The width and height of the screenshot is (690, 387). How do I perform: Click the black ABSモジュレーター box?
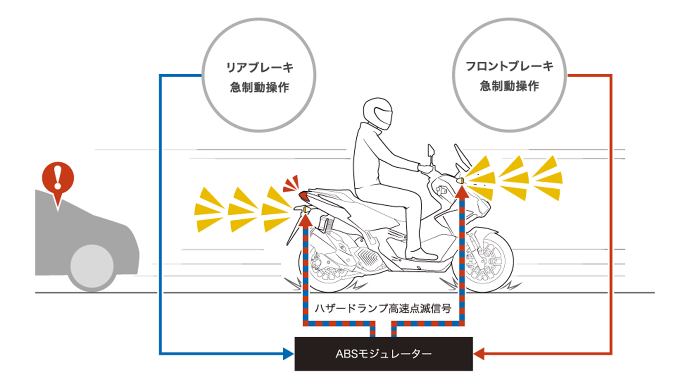point(383,353)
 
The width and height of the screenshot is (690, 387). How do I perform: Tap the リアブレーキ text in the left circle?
point(259,67)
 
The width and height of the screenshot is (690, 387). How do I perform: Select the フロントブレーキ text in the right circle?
point(509,66)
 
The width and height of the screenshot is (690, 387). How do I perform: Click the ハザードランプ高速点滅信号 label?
point(383,308)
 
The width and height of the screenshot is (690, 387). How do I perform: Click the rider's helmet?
point(378,113)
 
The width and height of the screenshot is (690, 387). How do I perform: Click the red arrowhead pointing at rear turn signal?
point(306,221)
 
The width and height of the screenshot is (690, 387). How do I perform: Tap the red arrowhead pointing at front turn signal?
point(462,192)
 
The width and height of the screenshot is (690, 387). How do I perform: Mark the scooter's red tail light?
point(303,196)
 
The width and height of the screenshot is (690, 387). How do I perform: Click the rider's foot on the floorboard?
point(423,255)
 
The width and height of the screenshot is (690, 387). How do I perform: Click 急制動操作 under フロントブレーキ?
point(509,86)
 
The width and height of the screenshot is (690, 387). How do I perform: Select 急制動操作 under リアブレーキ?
point(259,87)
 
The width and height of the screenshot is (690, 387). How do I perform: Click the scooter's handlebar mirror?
point(431,150)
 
